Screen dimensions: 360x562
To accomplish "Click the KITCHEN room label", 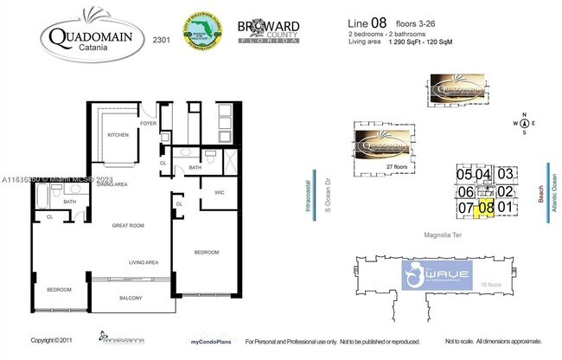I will (118, 136).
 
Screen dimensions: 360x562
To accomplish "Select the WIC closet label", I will (220, 191).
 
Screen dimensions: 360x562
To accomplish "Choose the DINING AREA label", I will (112, 184).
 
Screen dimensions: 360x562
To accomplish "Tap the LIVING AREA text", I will (143, 261).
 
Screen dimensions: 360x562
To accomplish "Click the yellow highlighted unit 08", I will (486, 207).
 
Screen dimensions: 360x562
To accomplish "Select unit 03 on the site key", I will (506, 174).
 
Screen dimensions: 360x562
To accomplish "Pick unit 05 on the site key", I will (464, 174).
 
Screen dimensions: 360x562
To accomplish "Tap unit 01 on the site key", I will (506, 207).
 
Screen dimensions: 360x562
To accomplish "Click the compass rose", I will (525, 123).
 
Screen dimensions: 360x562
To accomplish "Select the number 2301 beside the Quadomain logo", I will (161, 40).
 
